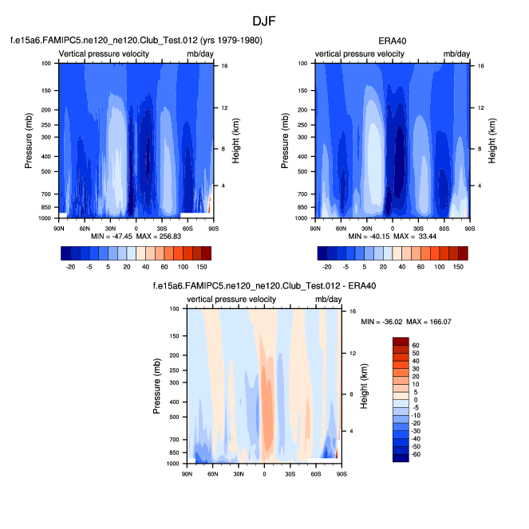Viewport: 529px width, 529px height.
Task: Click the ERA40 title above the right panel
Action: pyautogui.click(x=393, y=40)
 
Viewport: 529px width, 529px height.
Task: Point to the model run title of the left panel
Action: pyautogui.click(x=136, y=40)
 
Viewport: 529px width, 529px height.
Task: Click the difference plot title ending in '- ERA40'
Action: pyautogui.click(x=264, y=285)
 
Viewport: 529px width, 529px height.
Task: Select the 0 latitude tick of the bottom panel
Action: pyautogui.click(x=264, y=474)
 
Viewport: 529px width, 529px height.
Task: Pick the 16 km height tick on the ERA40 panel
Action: pyautogui.click(x=481, y=66)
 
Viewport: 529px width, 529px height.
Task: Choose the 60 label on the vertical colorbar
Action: pyautogui.click(x=416, y=346)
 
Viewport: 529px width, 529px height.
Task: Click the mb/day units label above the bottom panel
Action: pyautogui.click(x=327, y=300)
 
